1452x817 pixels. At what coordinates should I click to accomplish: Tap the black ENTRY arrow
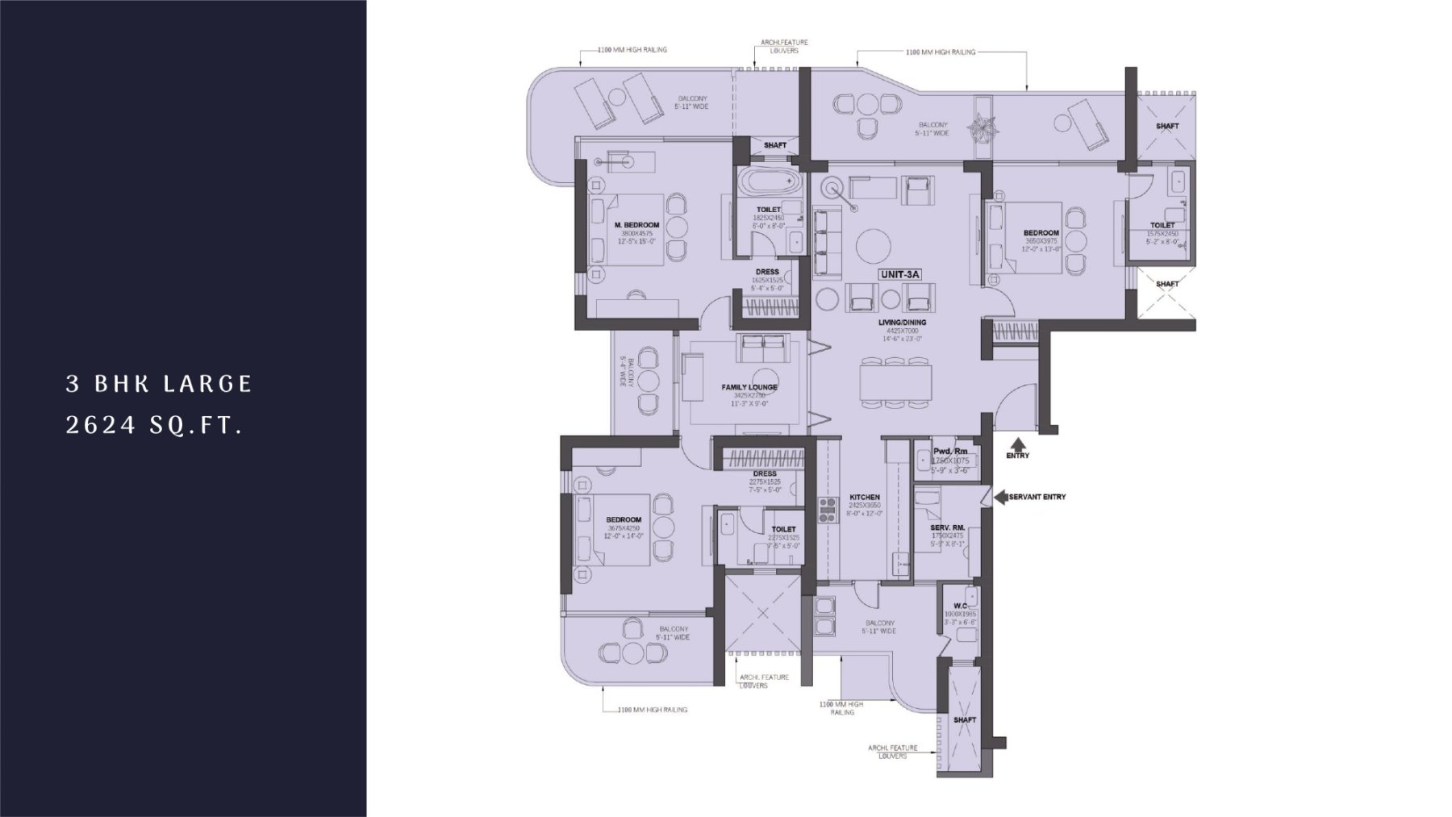[x=1018, y=444]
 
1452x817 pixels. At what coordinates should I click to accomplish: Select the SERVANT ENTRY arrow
[x=1000, y=497]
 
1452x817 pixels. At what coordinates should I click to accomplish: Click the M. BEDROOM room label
[x=636, y=225]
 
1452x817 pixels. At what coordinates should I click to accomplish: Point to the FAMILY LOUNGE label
[x=749, y=387]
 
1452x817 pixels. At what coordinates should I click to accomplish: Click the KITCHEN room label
[x=865, y=498]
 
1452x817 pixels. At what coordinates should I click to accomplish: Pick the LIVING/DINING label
[x=903, y=323]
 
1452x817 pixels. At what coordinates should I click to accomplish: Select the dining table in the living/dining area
[x=895, y=379]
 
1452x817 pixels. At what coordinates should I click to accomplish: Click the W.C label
[x=960, y=606]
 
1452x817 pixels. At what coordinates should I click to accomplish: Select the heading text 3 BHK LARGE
[x=160, y=384]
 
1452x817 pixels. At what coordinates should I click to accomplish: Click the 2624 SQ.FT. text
[x=154, y=427]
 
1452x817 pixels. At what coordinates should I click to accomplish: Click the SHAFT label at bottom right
[x=964, y=719]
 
